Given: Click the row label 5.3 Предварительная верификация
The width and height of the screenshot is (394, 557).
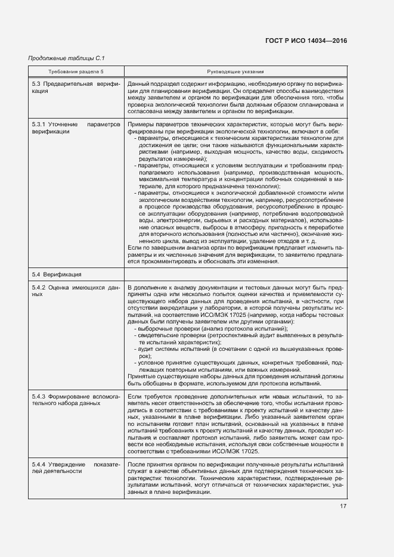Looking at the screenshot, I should point(76,88).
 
